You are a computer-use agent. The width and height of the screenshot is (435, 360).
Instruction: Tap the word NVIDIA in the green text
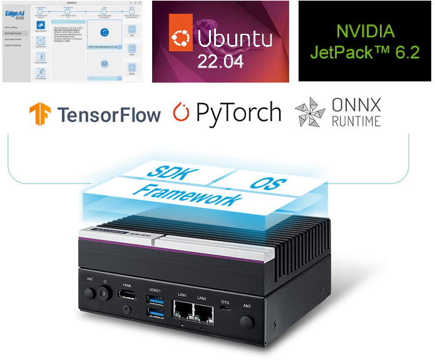click(366, 31)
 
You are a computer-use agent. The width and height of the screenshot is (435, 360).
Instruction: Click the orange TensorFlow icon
click(41, 115)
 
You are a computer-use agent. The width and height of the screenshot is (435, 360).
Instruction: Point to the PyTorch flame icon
click(181, 113)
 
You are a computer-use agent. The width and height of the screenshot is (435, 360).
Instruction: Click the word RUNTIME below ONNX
click(357, 121)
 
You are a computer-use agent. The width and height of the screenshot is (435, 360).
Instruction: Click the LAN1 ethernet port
click(183, 309)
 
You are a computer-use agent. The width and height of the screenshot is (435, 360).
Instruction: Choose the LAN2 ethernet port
click(202, 311)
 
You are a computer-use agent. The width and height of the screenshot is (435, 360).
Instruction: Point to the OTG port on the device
click(225, 309)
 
